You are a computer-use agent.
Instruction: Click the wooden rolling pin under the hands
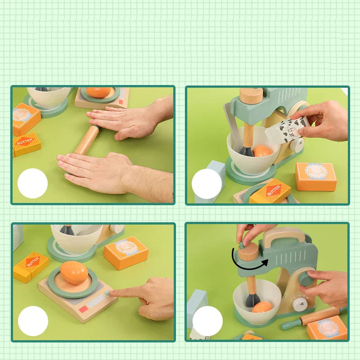click(x=86, y=140)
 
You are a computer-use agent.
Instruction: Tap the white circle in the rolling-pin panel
click(x=32, y=184)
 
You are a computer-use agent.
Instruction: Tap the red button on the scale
click(x=84, y=310)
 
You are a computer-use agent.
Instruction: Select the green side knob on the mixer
click(x=307, y=279)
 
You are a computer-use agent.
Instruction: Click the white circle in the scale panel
click(x=32, y=321)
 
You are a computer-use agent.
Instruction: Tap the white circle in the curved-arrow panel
click(x=207, y=321)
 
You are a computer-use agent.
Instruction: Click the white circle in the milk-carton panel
click(x=207, y=184)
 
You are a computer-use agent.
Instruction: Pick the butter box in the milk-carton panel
click(x=270, y=191)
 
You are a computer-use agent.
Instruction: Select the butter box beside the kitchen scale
click(x=31, y=266)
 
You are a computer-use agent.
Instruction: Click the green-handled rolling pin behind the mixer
click(x=315, y=317)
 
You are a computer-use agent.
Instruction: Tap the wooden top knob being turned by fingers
click(x=248, y=252)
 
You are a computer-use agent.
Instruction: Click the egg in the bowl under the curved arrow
click(x=261, y=307)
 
